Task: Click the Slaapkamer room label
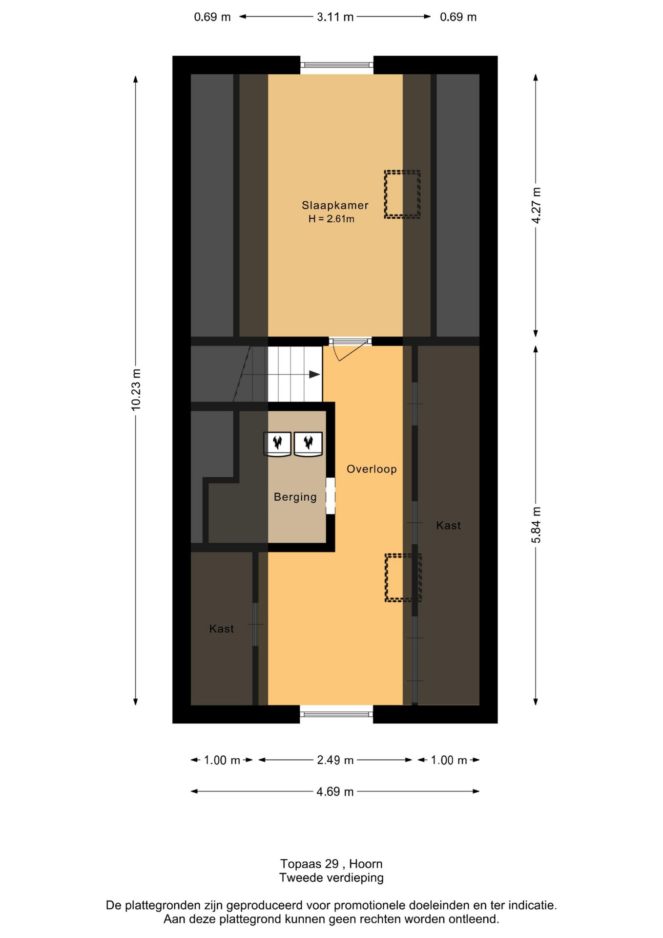(334, 205)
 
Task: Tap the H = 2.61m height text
(331, 219)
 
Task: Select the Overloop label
(371, 469)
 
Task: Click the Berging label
(295, 497)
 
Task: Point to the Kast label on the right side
(448, 525)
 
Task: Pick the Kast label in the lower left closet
(221, 629)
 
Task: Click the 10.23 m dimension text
(136, 389)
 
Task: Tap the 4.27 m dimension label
(536, 205)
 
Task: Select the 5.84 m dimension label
(536, 525)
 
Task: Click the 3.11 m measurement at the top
(335, 17)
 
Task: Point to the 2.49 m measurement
(335, 760)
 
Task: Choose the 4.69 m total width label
(335, 791)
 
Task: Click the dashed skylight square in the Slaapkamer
(402, 194)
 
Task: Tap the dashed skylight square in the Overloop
(402, 577)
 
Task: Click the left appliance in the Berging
(277, 444)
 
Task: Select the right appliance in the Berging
(308, 444)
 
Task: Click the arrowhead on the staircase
(315, 374)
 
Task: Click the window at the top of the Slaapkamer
(336, 64)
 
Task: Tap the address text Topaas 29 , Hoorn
(331, 863)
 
